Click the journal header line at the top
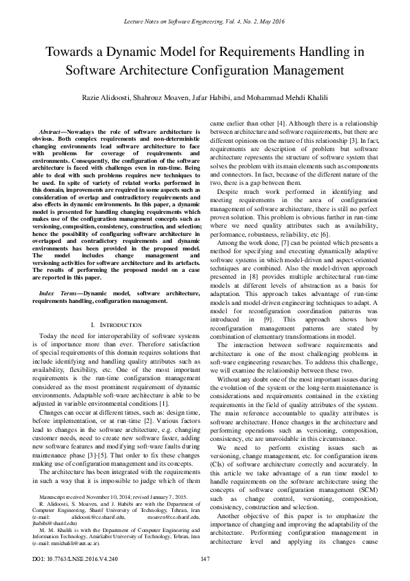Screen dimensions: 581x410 pyautogui.click(x=205, y=23)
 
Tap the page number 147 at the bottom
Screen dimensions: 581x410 pyautogui.click(x=205, y=558)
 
